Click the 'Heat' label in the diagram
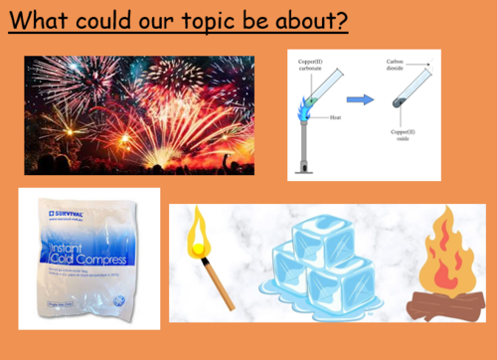(x=337, y=117)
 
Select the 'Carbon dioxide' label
(x=400, y=66)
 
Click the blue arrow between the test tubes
(x=360, y=98)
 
